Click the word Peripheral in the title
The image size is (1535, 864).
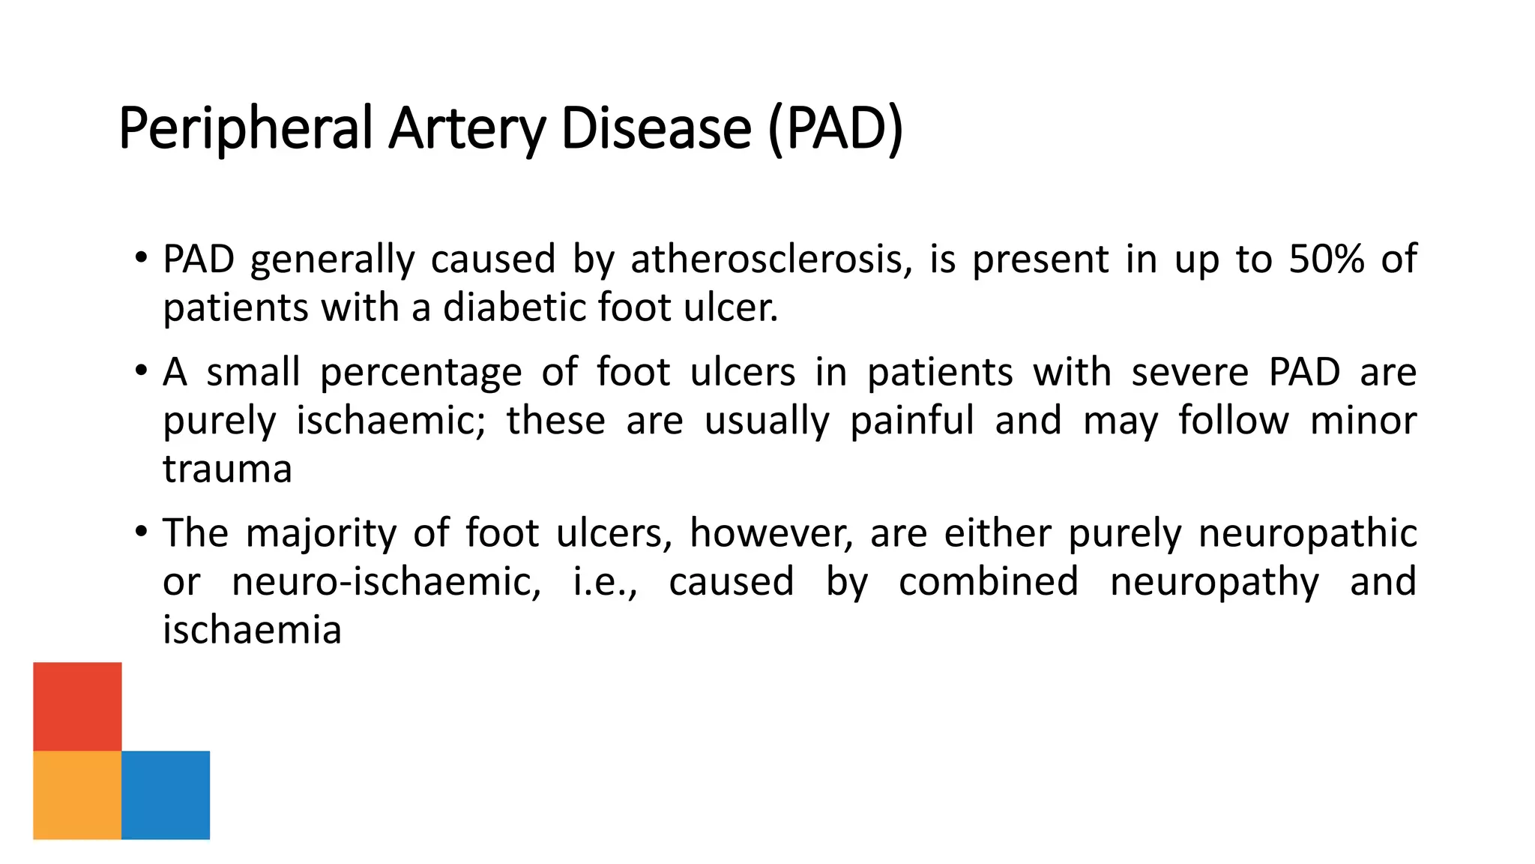(245, 129)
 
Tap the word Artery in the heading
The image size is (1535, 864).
(467, 129)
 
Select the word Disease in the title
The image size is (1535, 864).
(656, 129)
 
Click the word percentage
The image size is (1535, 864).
(420, 373)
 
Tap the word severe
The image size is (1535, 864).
(1189, 373)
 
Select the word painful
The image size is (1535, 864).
(912, 421)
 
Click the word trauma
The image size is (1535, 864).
(227, 469)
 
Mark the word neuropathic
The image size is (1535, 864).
(1307, 533)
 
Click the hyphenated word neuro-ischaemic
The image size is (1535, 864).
(386, 582)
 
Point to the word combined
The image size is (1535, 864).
(988, 582)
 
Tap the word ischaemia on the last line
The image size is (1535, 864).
(252, 630)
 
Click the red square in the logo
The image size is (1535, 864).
(77, 706)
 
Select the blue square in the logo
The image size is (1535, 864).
(166, 795)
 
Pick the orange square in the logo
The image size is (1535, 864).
(77, 795)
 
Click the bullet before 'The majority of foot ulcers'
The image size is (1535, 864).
(142, 532)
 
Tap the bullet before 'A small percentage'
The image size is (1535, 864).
(142, 370)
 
